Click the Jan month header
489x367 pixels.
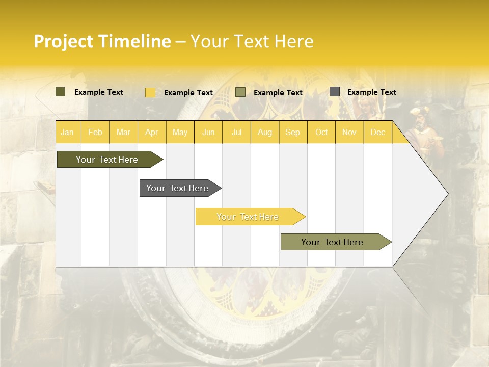tap(67, 132)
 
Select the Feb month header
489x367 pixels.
tap(95, 132)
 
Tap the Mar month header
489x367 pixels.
tap(123, 132)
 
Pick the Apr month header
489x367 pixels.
tap(152, 132)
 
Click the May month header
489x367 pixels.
tap(180, 132)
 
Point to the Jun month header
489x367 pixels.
tap(208, 132)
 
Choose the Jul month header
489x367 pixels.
tap(236, 132)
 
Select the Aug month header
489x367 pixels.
tap(265, 132)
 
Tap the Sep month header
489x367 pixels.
tap(293, 132)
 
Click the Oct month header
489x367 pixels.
tap(321, 132)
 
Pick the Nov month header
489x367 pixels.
tap(349, 132)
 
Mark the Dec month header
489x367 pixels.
tap(378, 132)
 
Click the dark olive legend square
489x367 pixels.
tap(61, 92)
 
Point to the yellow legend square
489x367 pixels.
tap(150, 92)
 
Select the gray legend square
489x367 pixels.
tap(335, 92)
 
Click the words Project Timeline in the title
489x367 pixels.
tap(102, 41)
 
